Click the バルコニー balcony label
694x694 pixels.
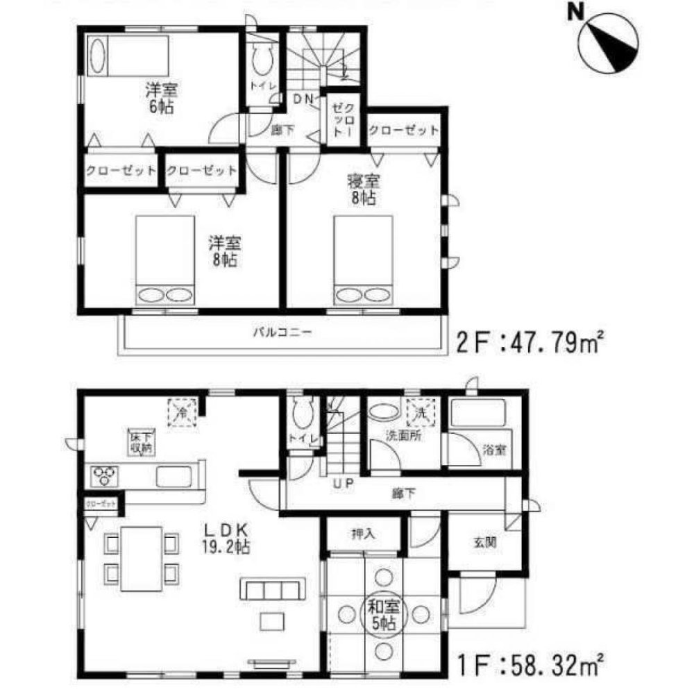(x=281, y=332)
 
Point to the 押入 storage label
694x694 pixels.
(x=363, y=535)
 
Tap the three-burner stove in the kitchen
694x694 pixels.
(x=105, y=477)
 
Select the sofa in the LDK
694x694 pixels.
(x=272, y=589)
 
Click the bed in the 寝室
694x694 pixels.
(x=363, y=260)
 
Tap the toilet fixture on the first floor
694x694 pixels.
(x=301, y=414)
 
